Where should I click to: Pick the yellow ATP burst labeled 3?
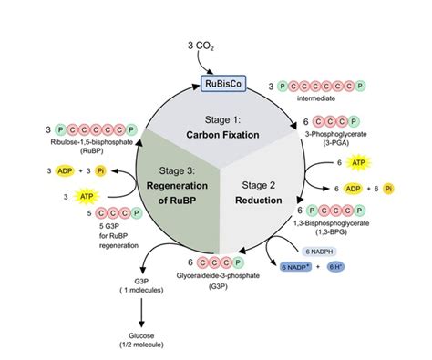point(87,196)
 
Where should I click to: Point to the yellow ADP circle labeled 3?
point(63,170)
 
